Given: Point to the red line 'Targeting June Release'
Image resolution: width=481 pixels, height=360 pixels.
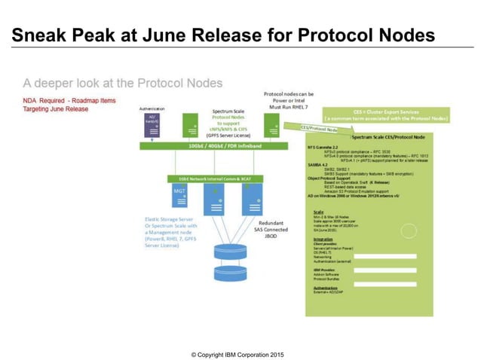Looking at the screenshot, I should pos(56,109).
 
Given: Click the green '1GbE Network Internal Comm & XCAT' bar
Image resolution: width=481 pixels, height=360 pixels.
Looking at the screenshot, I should pos(209,179).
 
